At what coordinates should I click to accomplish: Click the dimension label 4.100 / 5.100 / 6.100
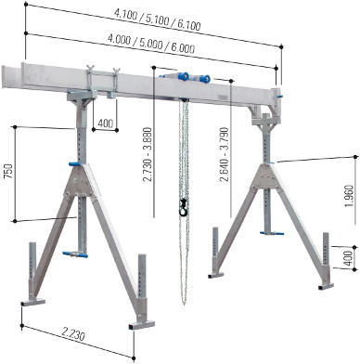coord(158,19)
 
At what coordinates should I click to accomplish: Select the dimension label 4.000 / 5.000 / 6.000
coord(151,43)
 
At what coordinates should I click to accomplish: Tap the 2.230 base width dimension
coord(73,334)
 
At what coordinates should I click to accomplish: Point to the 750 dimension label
coord(8,171)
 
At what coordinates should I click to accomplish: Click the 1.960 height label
coord(349,197)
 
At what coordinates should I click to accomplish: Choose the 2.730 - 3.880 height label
coord(148,154)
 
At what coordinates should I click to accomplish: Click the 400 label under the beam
coord(106,123)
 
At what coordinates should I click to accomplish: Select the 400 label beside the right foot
coord(348,258)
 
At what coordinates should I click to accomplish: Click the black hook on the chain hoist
coord(183,207)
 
